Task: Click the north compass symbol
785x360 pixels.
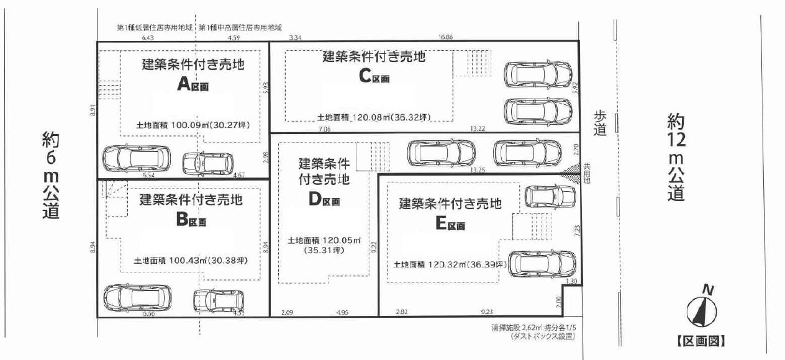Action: pyautogui.click(x=701, y=308)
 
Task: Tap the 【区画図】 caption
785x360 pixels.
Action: pyautogui.click(x=701, y=341)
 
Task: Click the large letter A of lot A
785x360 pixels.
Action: pyautogui.click(x=183, y=85)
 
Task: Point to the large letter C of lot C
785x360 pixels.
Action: pyautogui.click(x=366, y=76)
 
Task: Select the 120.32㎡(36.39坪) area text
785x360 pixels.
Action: pyautogui.click(x=450, y=264)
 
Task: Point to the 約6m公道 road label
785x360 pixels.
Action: pyautogui.click(x=51, y=174)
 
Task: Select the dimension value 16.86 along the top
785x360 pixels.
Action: pyautogui.click(x=445, y=37)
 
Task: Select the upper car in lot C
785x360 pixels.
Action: pyautogui.click(x=537, y=74)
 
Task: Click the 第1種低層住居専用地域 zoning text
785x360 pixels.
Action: pyautogui.click(x=155, y=28)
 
